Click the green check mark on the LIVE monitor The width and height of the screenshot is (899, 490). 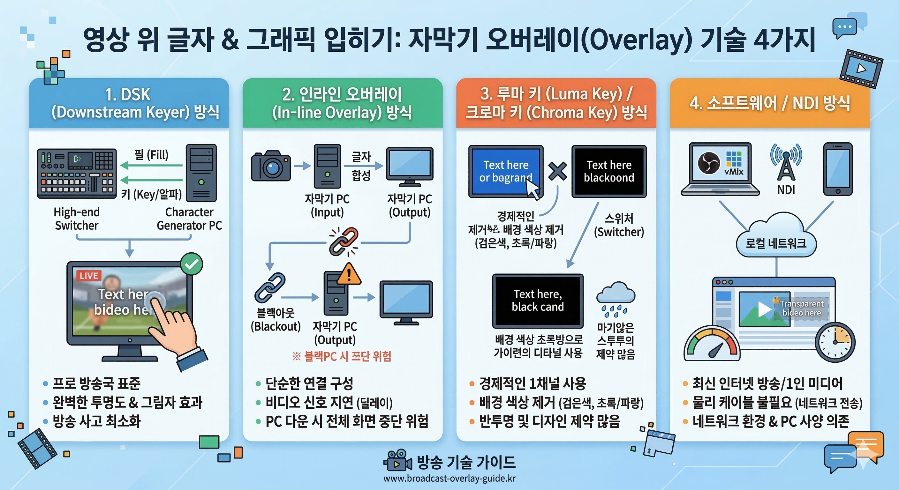click(x=192, y=264)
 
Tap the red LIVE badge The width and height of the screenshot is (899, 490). click(x=89, y=276)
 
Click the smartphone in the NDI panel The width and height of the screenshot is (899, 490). click(x=838, y=169)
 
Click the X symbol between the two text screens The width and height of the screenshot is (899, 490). click(x=557, y=171)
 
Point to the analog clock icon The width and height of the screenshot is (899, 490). click(x=835, y=342)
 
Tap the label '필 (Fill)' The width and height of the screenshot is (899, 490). click(x=151, y=154)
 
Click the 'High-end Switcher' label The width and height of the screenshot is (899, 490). click(x=77, y=219)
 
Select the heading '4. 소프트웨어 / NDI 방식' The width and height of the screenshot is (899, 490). click(x=769, y=103)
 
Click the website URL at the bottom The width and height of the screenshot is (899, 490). click(x=449, y=478)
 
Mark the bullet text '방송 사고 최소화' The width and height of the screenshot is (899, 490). click(x=96, y=421)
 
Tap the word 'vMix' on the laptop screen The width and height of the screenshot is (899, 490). click(x=734, y=172)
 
